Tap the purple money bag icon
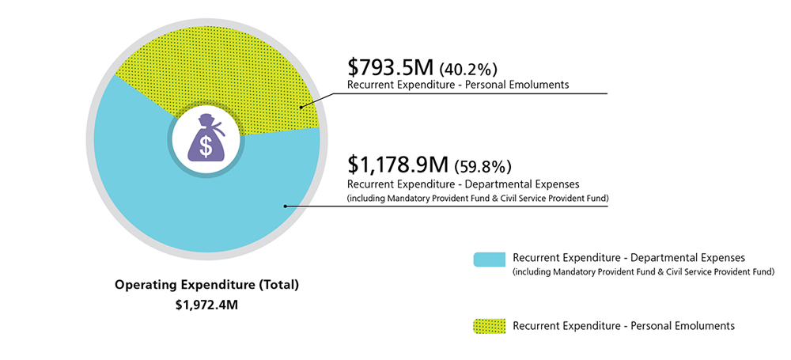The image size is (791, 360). pyautogui.click(x=206, y=138)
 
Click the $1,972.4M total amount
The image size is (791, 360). pyautogui.click(x=206, y=304)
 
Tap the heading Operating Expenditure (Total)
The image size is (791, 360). pyautogui.click(x=206, y=284)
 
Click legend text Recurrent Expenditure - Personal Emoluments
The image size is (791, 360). pyautogui.click(x=624, y=325)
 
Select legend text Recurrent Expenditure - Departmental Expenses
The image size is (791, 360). pyautogui.click(x=629, y=258)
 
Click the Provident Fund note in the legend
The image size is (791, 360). pyautogui.click(x=642, y=271)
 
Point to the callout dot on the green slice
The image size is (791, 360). pyautogui.click(x=301, y=108)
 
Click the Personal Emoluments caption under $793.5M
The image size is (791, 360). pyautogui.click(x=460, y=84)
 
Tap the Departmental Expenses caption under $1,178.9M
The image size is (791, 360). pyautogui.click(x=464, y=184)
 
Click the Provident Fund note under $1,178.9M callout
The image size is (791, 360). pyautogui.click(x=477, y=197)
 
